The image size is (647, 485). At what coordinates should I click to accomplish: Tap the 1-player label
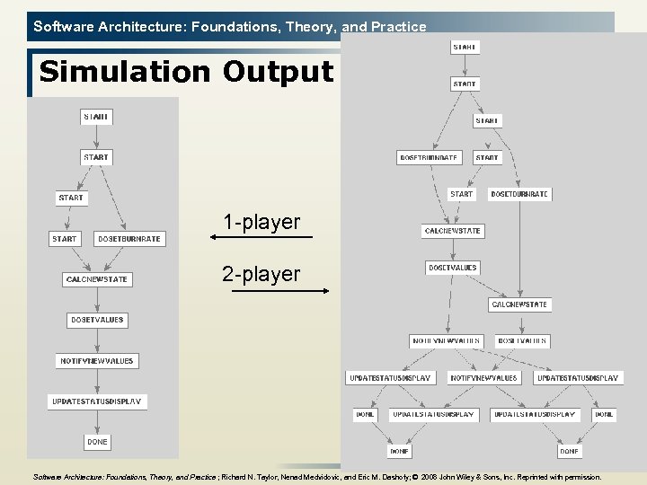click(261, 222)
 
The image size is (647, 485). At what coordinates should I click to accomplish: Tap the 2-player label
click(261, 274)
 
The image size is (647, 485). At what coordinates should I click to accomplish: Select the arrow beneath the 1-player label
click(261, 237)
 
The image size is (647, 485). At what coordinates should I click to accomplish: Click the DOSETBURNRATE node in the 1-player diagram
click(129, 239)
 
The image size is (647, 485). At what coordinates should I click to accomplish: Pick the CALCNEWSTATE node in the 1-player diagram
click(97, 279)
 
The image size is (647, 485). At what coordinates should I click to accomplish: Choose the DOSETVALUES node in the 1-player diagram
click(97, 320)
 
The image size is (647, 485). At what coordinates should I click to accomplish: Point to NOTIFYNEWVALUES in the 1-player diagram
click(97, 361)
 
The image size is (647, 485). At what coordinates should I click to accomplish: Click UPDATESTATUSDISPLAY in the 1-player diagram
click(97, 401)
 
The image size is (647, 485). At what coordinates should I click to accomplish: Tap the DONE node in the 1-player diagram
click(97, 442)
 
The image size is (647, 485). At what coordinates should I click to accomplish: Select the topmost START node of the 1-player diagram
click(97, 117)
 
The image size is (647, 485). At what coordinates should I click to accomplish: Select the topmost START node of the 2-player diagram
click(465, 47)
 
